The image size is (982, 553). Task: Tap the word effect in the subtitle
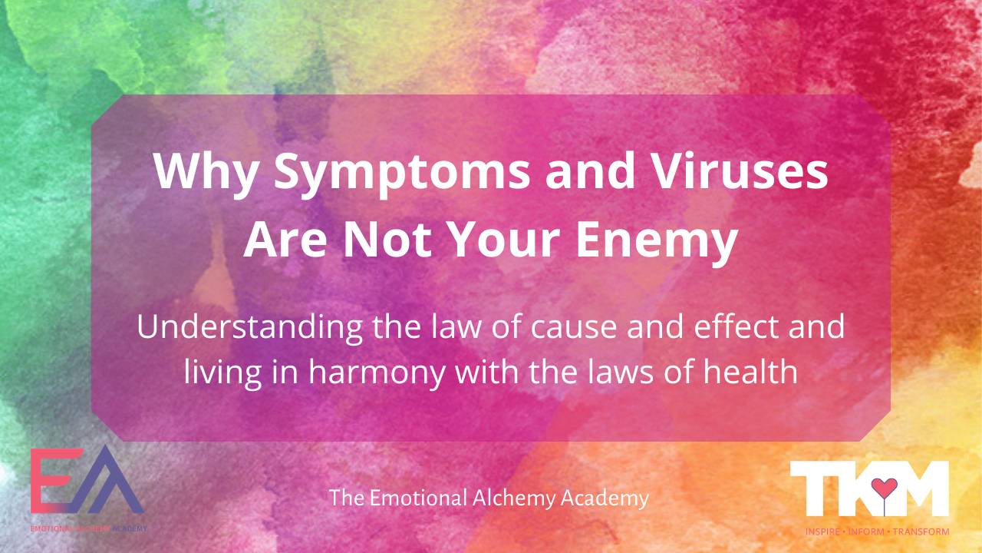click(746, 328)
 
